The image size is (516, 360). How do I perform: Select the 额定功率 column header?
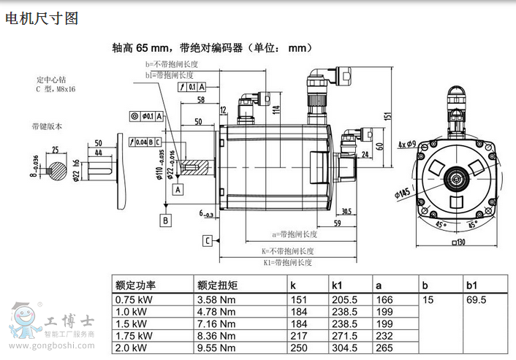click(135, 285)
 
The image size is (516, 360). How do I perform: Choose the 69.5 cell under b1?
click(477, 299)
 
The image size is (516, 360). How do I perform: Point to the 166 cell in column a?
click(385, 299)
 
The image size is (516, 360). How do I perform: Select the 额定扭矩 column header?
click(218, 285)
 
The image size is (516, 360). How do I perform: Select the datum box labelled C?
click(208, 240)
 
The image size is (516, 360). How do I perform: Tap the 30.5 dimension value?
click(346, 212)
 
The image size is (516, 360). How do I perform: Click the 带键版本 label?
click(47, 126)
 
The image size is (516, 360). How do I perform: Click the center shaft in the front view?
click(460, 177)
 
